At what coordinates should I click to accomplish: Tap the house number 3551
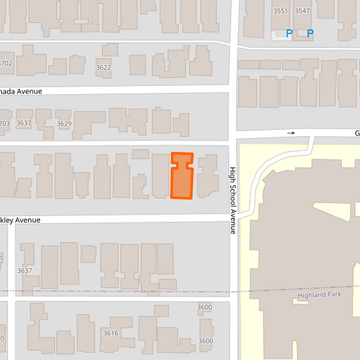280,11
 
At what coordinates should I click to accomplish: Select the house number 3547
302,11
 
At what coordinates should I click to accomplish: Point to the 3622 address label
103,68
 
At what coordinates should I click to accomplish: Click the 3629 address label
64,124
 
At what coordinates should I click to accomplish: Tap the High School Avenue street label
232,200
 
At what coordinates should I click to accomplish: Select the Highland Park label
320,295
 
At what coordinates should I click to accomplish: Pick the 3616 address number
111,333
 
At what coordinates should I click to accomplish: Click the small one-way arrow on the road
291,133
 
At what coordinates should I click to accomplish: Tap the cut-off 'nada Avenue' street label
21,91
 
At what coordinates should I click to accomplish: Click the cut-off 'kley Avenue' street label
20,220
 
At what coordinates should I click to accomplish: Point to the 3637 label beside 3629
24,124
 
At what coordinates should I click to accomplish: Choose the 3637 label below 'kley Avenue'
25,271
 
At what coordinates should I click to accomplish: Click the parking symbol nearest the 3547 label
311,33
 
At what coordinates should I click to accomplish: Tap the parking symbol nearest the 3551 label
290,33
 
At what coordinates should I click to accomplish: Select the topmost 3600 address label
204,307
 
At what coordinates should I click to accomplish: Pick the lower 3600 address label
205,341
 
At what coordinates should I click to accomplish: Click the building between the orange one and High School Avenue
207,176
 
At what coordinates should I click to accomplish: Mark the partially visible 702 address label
5,63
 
